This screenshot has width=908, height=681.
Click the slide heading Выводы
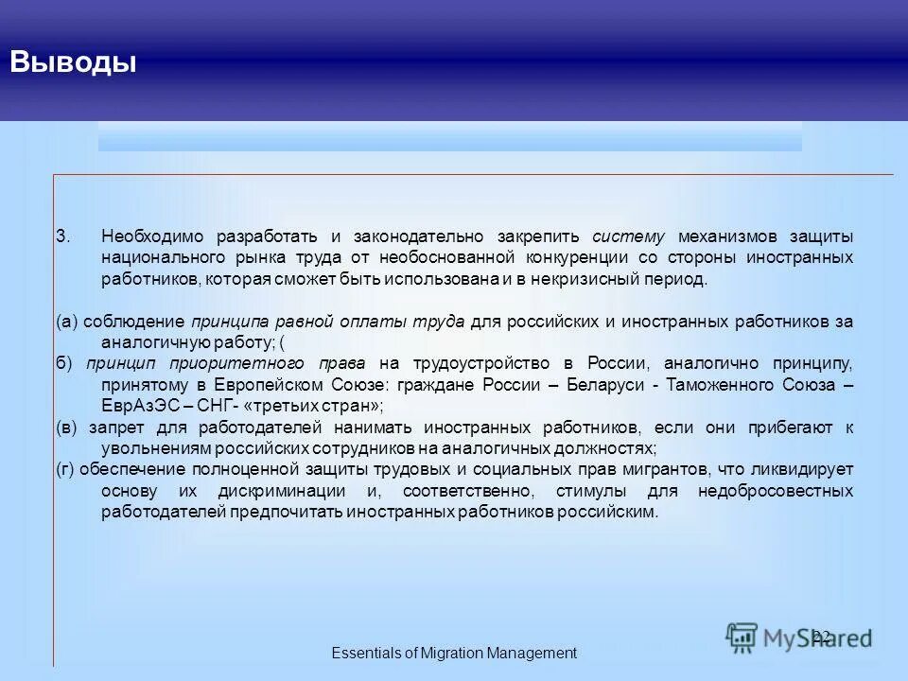(x=73, y=62)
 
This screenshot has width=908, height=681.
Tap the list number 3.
(x=61, y=236)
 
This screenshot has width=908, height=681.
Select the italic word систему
(x=629, y=236)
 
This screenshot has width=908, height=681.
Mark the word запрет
(x=113, y=428)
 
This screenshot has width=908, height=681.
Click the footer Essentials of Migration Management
(x=453, y=653)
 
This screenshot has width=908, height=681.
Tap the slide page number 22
(x=821, y=636)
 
